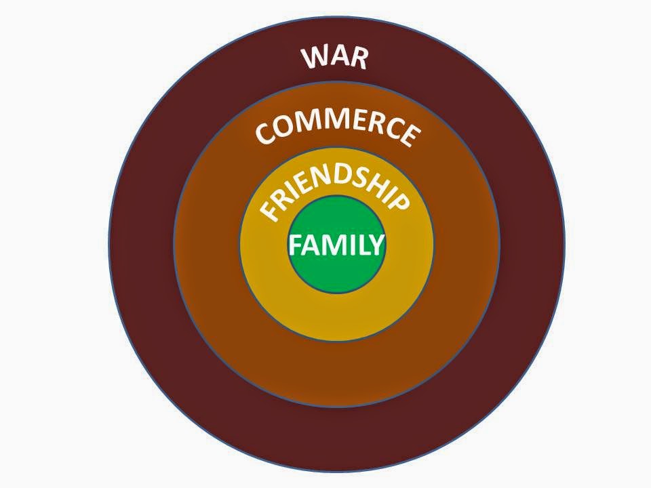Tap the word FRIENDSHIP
coord(334,192)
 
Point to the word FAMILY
coord(336,245)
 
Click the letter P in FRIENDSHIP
coord(399,203)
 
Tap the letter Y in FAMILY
coord(376,245)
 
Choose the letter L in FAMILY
coord(361,245)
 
